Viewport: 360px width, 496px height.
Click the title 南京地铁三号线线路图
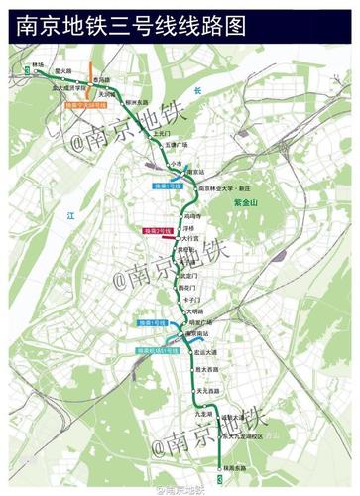(x=130, y=25)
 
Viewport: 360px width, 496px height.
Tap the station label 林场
(x=39, y=64)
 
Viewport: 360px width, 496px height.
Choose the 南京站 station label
(x=197, y=170)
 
